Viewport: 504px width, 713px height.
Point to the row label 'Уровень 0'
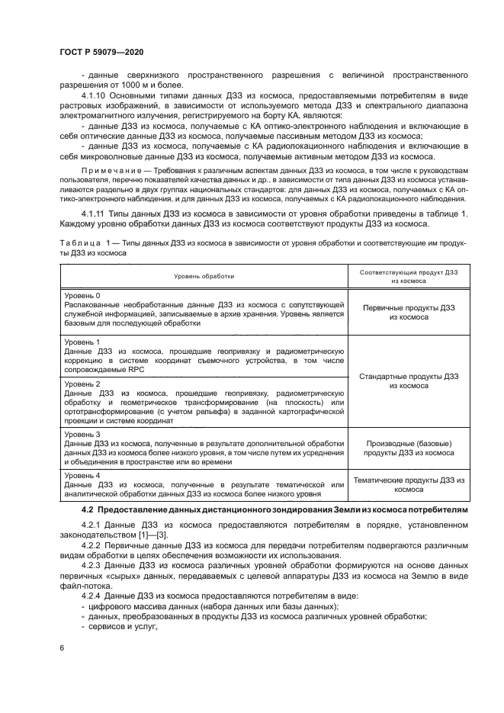tap(82, 294)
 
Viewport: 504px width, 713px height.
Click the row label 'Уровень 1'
tap(82, 341)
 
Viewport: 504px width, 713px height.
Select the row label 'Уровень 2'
tap(82, 384)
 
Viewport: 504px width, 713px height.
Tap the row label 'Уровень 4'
tap(82, 476)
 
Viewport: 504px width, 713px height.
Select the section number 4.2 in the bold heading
tap(87, 509)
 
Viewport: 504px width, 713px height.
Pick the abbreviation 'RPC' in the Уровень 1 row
tap(135, 369)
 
